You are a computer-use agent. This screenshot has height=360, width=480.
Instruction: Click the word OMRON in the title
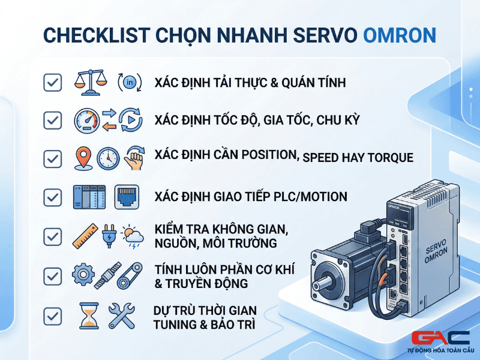(x=400, y=35)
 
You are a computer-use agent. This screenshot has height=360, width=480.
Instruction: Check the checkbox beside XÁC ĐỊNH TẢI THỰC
(x=53, y=82)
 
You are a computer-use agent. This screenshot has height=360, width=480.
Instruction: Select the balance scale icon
(x=91, y=82)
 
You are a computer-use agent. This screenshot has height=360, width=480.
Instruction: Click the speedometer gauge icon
(x=87, y=121)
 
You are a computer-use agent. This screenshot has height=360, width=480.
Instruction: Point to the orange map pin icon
(x=83, y=158)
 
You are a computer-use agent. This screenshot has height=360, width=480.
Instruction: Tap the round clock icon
(x=108, y=158)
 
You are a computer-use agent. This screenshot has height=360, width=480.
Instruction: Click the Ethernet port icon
(x=127, y=197)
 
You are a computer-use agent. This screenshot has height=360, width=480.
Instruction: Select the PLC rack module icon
(x=89, y=197)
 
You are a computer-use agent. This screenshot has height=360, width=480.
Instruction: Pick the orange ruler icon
(x=85, y=236)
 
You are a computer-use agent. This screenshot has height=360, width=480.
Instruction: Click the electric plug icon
(x=109, y=236)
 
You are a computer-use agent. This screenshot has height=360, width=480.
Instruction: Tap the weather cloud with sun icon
(x=132, y=236)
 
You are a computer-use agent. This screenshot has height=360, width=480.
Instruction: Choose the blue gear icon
(x=83, y=274)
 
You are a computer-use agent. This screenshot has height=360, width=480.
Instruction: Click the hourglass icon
(x=89, y=316)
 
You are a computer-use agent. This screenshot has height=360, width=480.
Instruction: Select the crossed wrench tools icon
(x=122, y=316)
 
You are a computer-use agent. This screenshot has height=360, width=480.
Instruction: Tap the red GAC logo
(x=440, y=338)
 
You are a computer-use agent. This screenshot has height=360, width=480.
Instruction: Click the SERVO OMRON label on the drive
(x=437, y=251)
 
